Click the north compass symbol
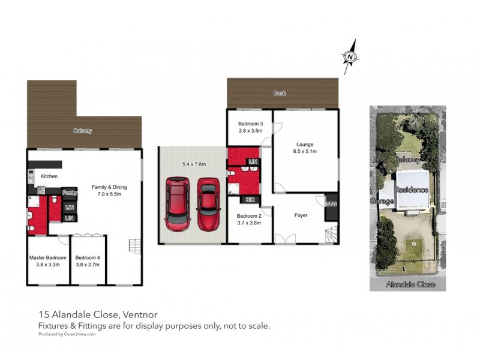tap(349, 57)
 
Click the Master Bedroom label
tap(48, 257)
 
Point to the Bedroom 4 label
tap(88, 257)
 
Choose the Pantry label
tap(70, 193)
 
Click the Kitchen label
tap(49, 176)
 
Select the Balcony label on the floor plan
tap(83, 131)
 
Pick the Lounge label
tap(305, 144)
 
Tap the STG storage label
tap(331, 204)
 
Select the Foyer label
tap(301, 215)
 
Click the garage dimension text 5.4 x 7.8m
tap(194, 163)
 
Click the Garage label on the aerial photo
tap(381, 201)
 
